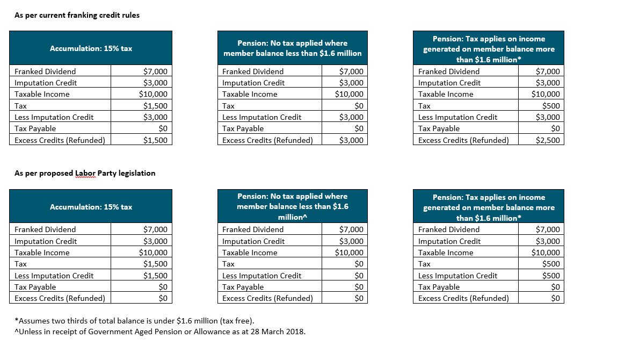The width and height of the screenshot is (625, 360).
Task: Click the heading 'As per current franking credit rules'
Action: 77,16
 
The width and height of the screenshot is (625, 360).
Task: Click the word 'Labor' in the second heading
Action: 85,173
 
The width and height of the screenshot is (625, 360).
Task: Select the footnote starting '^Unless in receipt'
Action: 160,332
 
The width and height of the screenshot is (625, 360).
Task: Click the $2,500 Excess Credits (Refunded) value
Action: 548,140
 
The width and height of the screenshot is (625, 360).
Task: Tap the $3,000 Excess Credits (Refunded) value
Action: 351,140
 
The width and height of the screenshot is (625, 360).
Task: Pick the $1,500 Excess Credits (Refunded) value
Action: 156,140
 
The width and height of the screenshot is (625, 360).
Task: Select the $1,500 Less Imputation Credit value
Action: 156,276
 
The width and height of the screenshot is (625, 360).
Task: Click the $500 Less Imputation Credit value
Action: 551,276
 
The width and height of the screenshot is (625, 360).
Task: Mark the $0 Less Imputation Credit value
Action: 359,276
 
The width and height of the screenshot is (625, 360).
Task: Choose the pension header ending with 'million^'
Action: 293,206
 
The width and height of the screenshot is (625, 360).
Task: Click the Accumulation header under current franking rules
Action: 91,48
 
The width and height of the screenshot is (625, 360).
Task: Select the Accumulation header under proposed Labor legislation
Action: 91,206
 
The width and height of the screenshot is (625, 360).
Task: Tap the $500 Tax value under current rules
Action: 551,106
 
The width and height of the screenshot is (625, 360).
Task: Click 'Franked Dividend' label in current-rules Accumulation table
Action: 45,71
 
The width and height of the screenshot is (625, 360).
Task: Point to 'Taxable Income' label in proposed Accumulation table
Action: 42,253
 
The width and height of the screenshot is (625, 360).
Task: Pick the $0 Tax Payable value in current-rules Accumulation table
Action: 163,128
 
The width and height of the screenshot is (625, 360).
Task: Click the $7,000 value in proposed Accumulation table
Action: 156,229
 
